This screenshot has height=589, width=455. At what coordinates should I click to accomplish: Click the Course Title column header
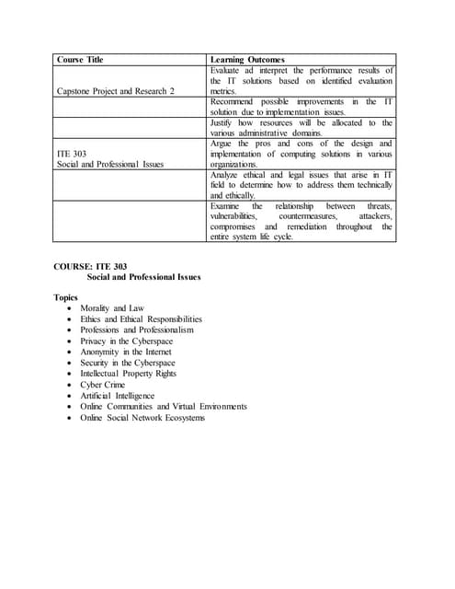pos(80,60)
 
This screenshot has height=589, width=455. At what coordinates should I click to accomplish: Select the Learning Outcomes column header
pos(247,60)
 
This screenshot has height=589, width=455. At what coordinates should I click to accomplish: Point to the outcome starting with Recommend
pos(301,107)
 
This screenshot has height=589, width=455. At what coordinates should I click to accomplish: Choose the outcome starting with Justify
pos(301,128)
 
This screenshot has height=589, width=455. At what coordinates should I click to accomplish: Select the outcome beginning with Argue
pos(301,154)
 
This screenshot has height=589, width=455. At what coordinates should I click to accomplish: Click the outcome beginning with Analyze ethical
pos(301,185)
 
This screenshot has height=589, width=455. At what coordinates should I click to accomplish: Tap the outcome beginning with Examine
pos(301,221)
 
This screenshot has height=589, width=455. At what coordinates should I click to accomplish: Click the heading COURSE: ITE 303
pos(90,266)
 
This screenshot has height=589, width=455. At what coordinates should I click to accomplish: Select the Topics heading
pos(66,298)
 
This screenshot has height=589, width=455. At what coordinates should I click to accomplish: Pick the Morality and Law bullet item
pos(112,308)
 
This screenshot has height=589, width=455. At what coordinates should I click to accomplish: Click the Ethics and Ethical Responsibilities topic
pos(141,319)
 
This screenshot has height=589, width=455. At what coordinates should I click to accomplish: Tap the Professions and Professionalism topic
pos(137,330)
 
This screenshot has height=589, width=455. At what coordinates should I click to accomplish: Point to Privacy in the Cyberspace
pos(126,341)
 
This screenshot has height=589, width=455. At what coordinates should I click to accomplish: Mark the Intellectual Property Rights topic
pos(128,374)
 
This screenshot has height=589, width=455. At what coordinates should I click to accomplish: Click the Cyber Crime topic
pos(105,385)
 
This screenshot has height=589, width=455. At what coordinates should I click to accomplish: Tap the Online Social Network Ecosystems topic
pos(142,418)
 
